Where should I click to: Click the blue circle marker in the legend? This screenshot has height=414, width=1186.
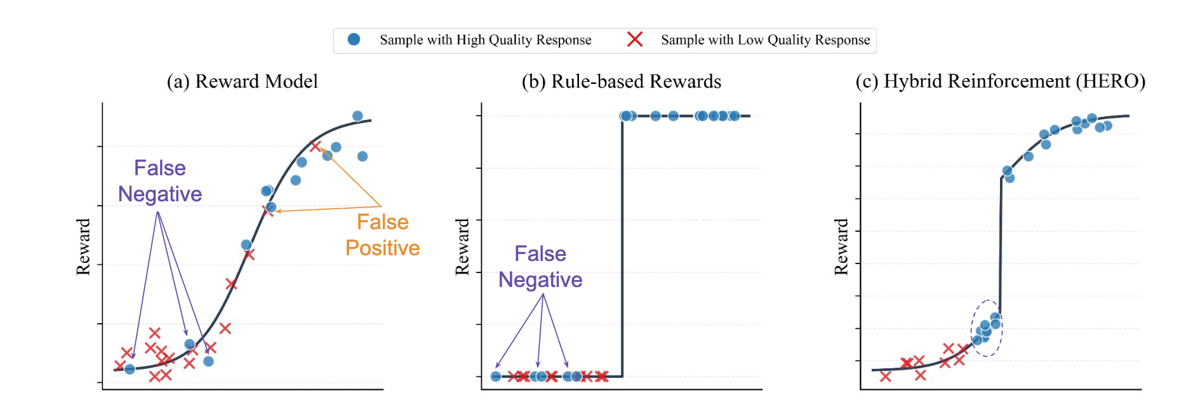[x=354, y=39]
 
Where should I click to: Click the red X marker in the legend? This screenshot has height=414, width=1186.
[x=635, y=39]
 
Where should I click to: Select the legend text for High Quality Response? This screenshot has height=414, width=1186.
[x=486, y=40]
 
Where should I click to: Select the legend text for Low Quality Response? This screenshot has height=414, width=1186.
[x=766, y=40]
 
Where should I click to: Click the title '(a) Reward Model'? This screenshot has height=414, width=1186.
[x=242, y=81]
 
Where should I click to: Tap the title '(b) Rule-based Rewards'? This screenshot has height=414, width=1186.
[x=621, y=81]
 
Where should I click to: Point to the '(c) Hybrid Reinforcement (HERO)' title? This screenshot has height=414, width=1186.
[x=1001, y=81]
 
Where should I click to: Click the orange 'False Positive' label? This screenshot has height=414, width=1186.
[x=383, y=234]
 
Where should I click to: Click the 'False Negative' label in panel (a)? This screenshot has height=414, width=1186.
[x=160, y=180]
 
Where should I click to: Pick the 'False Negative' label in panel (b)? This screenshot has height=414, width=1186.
[x=540, y=267]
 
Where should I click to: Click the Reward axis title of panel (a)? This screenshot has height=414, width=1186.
[x=83, y=246]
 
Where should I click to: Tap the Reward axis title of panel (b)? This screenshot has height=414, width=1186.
[x=462, y=246]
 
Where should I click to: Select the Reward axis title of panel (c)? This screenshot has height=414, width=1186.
[x=841, y=246]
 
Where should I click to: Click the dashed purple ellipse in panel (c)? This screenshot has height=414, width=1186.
[x=972, y=328]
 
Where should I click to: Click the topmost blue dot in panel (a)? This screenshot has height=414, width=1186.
[x=357, y=116]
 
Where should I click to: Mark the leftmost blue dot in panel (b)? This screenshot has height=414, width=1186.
[x=496, y=377]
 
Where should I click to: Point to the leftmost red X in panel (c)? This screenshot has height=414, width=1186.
[x=886, y=377]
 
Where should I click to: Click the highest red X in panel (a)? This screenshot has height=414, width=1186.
[x=315, y=146]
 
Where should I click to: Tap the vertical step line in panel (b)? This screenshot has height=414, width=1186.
[x=622, y=246]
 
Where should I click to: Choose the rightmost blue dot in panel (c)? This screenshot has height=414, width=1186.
[x=1108, y=126]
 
